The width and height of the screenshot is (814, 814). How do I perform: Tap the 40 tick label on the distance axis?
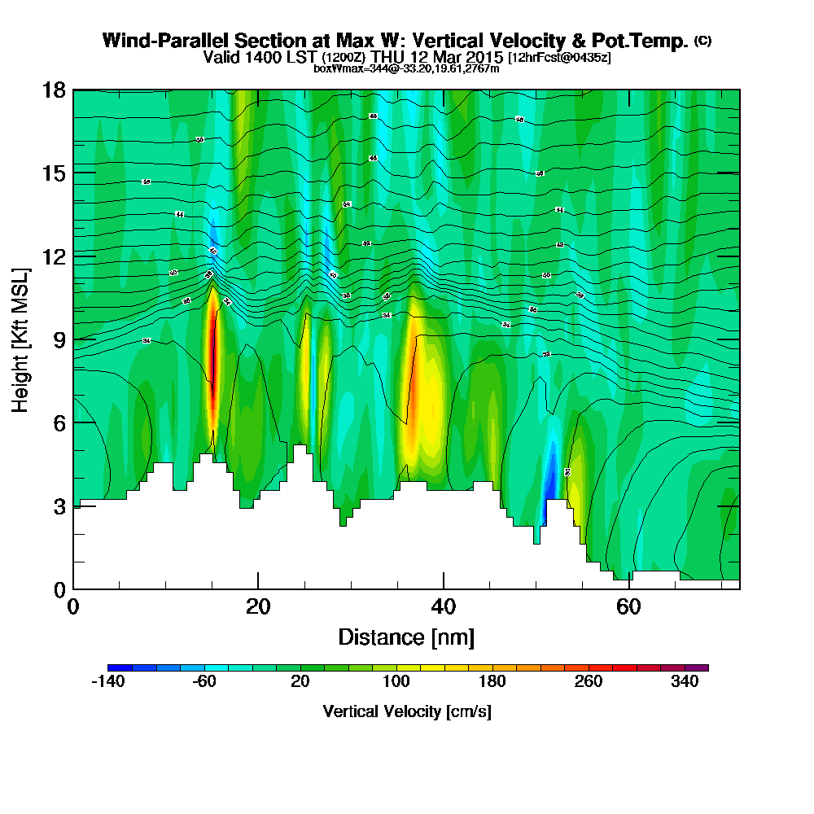pos(443,606)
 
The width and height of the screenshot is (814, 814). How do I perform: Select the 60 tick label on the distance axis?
pos(628,606)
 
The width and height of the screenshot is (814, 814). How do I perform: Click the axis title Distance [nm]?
pos(406,637)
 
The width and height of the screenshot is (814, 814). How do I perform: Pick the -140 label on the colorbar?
pos(107,681)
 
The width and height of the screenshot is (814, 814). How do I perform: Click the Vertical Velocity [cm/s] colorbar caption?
pos(406,711)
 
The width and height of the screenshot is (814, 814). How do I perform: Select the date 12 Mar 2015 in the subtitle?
pos(450,58)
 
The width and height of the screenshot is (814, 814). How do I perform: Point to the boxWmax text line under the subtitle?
pos(406,68)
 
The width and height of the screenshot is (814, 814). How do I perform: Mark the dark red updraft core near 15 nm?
pos(213,350)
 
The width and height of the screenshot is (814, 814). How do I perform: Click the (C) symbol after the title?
pos(702,41)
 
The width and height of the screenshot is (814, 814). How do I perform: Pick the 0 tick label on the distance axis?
pos(73,606)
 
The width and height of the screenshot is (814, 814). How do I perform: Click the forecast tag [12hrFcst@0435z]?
pos(559,58)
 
